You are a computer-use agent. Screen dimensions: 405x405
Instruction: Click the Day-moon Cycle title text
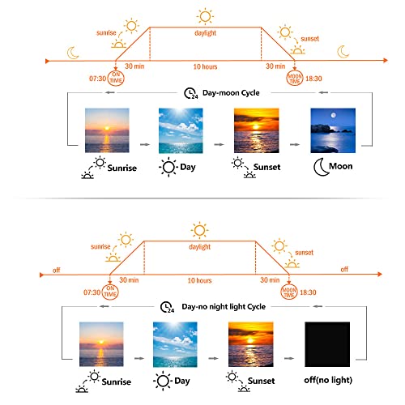click(231, 93)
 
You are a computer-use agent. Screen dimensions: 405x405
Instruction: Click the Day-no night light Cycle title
click(224, 307)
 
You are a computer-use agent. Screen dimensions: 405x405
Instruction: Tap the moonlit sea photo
click(333, 130)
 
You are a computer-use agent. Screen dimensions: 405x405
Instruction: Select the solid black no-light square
click(327, 344)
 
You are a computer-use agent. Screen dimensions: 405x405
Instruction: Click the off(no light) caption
click(328, 380)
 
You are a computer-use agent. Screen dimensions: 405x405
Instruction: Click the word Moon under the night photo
click(341, 166)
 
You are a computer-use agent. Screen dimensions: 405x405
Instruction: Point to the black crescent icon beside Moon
click(320, 168)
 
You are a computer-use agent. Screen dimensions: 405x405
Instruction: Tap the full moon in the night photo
click(334, 115)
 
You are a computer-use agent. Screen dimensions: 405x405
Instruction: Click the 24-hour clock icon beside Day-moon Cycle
click(190, 93)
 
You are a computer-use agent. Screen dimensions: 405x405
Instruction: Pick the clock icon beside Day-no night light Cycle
click(167, 307)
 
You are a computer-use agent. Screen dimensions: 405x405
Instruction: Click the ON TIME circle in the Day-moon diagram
click(116, 78)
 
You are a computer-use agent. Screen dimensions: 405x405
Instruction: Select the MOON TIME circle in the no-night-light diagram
click(289, 292)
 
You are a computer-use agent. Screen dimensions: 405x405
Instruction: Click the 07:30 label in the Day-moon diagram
click(97, 79)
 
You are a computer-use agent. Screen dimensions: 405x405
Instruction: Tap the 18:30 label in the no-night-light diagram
click(308, 292)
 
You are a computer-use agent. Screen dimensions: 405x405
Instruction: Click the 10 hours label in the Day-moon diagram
click(205, 66)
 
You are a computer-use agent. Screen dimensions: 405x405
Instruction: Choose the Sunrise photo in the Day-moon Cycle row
click(107, 130)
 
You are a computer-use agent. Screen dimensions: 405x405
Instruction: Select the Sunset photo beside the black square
click(251, 344)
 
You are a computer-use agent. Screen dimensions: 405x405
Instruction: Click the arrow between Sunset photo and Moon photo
click(295, 145)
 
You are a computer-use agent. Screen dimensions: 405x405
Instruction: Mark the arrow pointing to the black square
click(289, 359)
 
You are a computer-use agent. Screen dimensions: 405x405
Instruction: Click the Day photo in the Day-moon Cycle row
click(181, 130)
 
